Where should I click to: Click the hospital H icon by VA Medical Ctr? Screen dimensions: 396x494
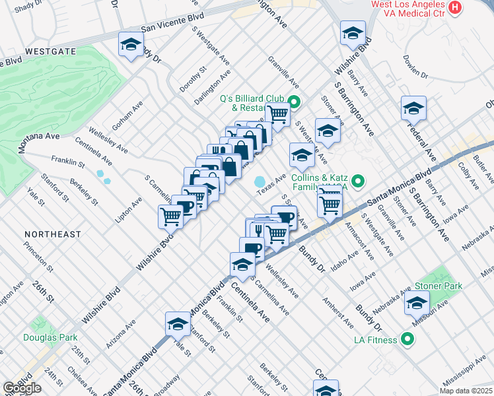[x=454, y=7]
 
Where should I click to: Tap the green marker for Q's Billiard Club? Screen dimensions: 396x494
[x=295, y=102]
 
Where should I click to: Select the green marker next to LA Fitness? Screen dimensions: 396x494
[x=407, y=340]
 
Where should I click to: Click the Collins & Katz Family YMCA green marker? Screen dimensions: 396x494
[x=359, y=180]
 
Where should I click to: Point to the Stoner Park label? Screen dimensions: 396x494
[x=439, y=286]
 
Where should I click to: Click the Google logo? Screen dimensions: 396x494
[x=22, y=387]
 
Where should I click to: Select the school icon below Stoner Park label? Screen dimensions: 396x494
[x=417, y=304]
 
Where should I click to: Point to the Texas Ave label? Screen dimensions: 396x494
[x=271, y=183]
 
